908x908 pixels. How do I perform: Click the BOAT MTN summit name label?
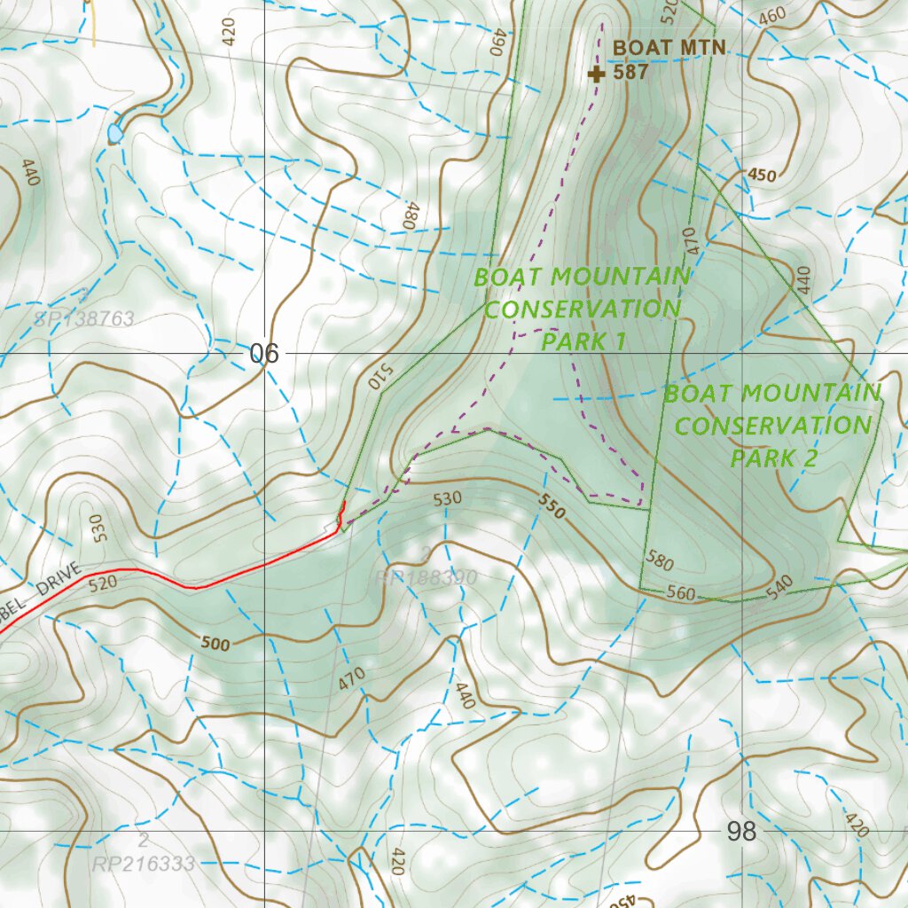[669, 48]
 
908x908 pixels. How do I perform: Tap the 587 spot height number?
[630, 73]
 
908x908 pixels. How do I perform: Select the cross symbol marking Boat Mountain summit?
[597, 74]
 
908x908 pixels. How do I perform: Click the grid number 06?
[263, 354]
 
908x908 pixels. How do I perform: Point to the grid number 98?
[741, 831]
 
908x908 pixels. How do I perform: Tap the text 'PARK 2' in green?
[772, 458]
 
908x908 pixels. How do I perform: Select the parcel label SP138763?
[84, 318]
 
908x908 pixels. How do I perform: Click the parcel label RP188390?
[427, 578]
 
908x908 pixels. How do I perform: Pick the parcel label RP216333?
[144, 863]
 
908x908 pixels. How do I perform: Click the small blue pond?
[115, 133]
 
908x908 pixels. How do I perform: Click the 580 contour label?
[660, 563]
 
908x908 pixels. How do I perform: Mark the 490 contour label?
[497, 43]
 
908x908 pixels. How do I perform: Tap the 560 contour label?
[681, 593]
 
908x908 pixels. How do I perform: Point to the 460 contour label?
[772, 16]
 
